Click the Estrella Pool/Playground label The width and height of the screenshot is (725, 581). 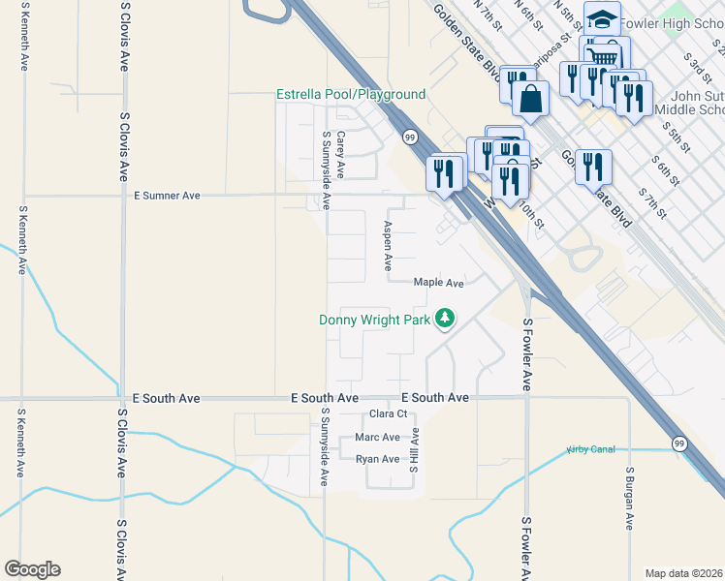point(351,94)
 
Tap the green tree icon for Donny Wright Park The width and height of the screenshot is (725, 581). point(445,318)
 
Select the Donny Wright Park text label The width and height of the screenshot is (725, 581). point(375,320)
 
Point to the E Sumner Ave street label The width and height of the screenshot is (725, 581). point(167,196)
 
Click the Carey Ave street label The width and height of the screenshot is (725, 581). point(340,154)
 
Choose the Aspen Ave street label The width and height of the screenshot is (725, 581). point(387,244)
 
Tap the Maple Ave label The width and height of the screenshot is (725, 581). point(439,283)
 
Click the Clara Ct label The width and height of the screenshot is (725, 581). point(389,414)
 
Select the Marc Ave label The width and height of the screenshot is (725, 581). point(377,438)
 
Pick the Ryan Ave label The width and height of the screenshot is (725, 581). point(377,459)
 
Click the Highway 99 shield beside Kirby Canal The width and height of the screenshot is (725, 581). point(679,443)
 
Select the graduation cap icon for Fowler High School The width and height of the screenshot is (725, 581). point(602,19)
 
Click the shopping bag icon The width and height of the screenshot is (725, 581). point(531,99)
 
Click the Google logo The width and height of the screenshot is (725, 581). point(32,569)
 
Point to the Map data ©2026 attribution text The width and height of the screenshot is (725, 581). point(683,573)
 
